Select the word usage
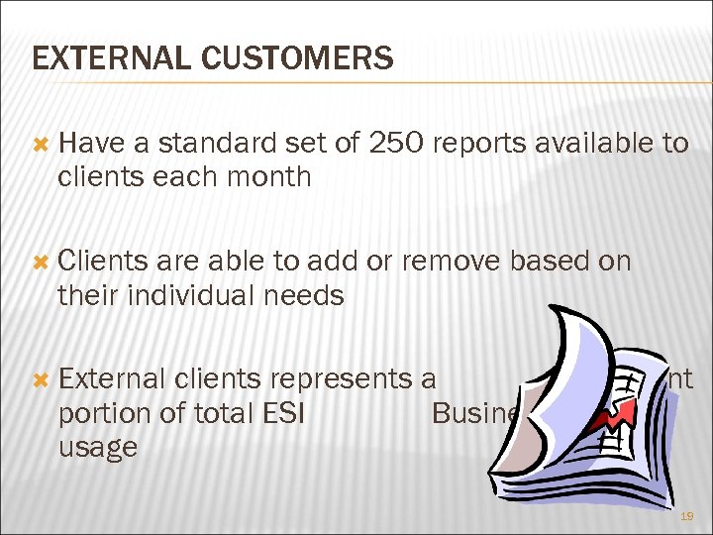(x=98, y=447)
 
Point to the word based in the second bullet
(x=541, y=262)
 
